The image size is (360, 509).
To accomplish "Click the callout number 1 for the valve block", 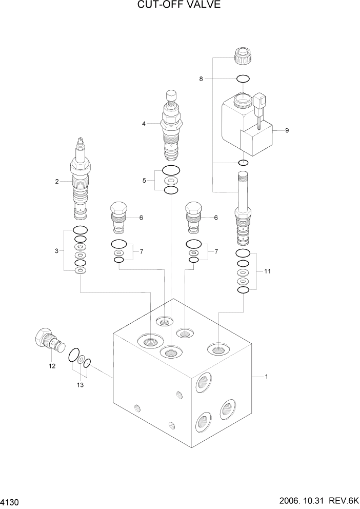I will pyautogui.click(x=266, y=377).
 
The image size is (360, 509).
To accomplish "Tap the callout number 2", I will pyautogui.click(x=57, y=181).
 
